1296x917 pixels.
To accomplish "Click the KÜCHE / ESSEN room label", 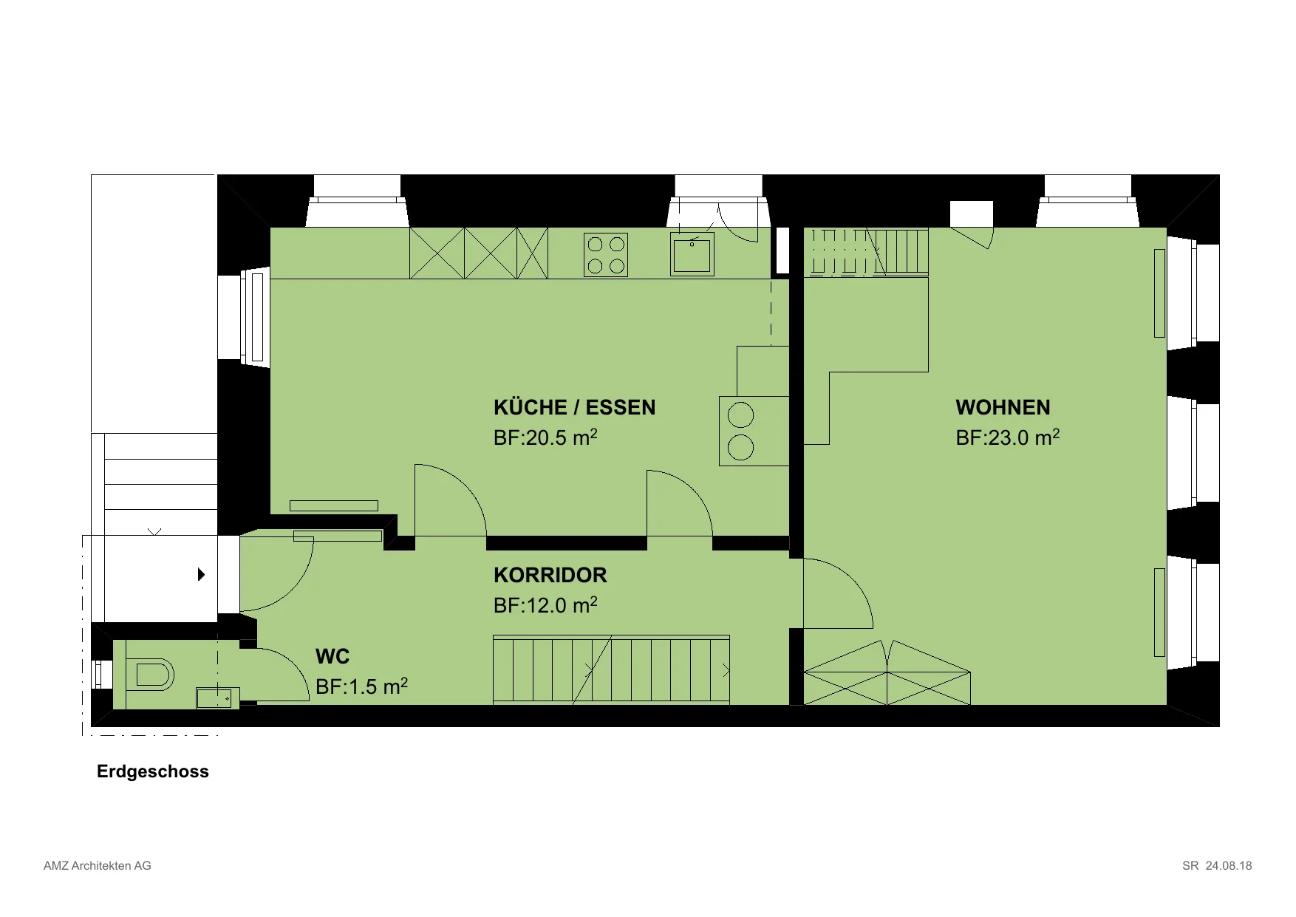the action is [574, 408].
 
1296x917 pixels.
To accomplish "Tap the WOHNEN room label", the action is [1003, 408].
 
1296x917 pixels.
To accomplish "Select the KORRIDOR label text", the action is [550, 575].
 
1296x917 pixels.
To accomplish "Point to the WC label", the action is [332, 656].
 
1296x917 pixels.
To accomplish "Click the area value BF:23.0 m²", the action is [1008, 437].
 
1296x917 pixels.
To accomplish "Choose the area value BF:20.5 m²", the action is [545, 437].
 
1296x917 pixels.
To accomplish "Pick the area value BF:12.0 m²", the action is [545, 605].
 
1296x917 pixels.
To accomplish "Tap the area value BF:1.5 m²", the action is [361, 686].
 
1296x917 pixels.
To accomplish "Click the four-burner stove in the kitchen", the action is [606, 255].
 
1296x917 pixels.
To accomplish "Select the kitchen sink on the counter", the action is [692, 254].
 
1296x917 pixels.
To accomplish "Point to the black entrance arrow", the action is [201, 574].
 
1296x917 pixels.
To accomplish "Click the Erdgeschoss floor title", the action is [153, 771].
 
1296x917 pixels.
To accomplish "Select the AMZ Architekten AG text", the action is [98, 865].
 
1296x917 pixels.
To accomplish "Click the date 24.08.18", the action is [1229, 865].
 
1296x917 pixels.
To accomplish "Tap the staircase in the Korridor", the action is [612, 669].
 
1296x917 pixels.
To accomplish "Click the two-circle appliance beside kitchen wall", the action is [754, 431].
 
